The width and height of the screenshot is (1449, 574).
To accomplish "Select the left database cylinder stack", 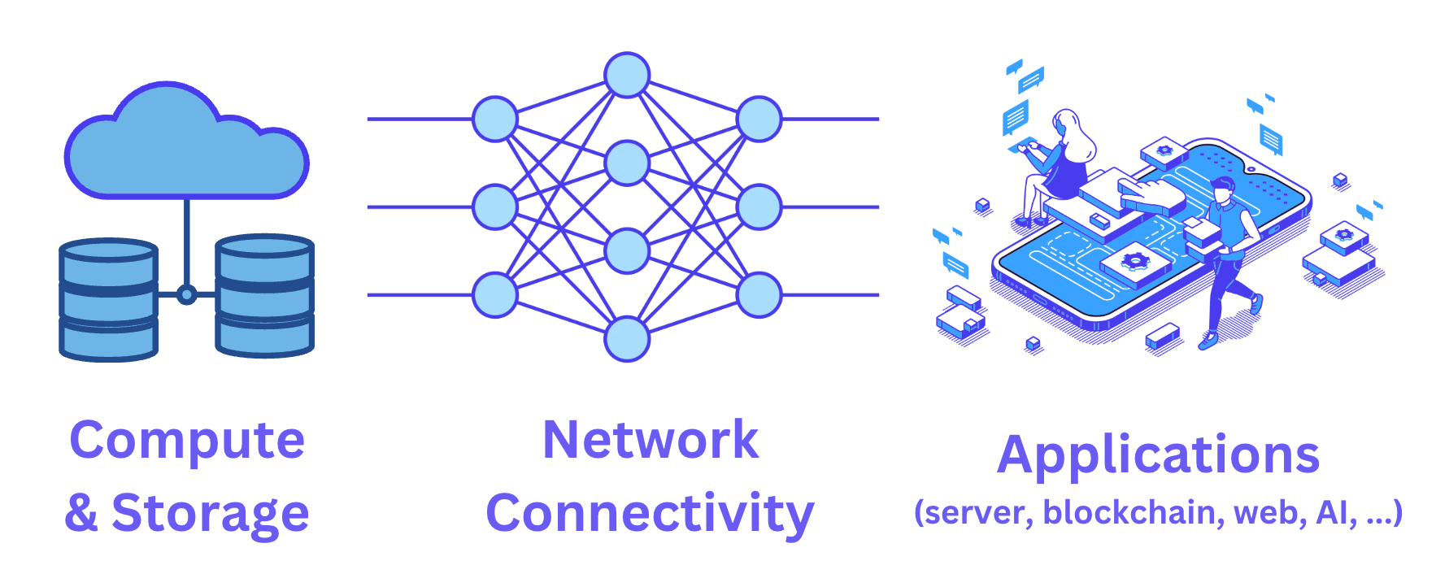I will pos(108,299).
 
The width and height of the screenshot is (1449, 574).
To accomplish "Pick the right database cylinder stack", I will pos(264,296).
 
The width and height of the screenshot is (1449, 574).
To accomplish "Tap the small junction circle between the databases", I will pos(186,294).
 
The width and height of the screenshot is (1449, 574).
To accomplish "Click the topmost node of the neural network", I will pos(627,75).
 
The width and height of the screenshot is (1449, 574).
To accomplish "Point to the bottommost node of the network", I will pos(627,339).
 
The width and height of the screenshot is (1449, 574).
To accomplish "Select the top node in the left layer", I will pos(495,119).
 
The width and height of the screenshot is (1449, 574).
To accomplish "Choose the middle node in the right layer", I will pos(759,207).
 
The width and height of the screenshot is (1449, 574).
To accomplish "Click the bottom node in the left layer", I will pos(495,294).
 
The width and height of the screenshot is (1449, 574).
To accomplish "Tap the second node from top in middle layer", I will pos(627,163).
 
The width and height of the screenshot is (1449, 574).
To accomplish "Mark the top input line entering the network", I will pos(419,119).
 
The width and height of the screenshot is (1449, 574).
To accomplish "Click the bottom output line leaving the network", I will pos(829,294).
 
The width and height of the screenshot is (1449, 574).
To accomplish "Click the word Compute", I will pos(187,441).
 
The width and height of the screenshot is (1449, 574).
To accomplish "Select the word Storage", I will pos(210,513).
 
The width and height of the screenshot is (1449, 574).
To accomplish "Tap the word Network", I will pos(651,440).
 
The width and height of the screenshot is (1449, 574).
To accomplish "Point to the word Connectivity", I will pos(651,513).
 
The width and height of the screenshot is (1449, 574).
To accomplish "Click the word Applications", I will pos(1158,454).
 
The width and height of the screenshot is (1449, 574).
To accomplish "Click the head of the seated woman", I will pos(1067,124).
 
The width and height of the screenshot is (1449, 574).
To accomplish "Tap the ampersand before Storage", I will pos(81,513).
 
